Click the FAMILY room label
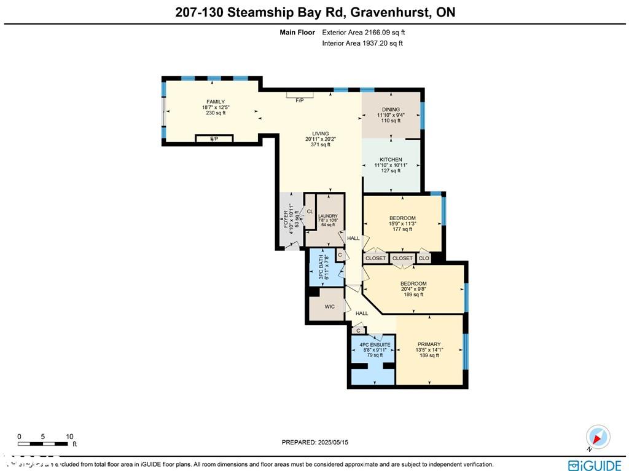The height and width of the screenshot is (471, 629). click(216, 102)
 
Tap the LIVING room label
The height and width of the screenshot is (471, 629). click(320, 133)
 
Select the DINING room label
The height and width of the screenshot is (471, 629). click(391, 110)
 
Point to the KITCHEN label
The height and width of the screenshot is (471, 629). click(391, 160)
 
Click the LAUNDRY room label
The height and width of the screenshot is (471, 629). click(328, 216)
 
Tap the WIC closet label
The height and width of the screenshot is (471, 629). click(330, 306)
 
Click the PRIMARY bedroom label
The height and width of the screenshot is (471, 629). click(429, 344)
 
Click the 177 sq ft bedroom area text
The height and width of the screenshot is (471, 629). click(402, 229)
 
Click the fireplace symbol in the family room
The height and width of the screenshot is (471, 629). click(213, 139)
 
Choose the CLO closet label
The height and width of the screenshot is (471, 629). click(424, 258)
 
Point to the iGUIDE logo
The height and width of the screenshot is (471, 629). click(594, 465)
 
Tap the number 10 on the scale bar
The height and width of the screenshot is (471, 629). click(69, 436)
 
